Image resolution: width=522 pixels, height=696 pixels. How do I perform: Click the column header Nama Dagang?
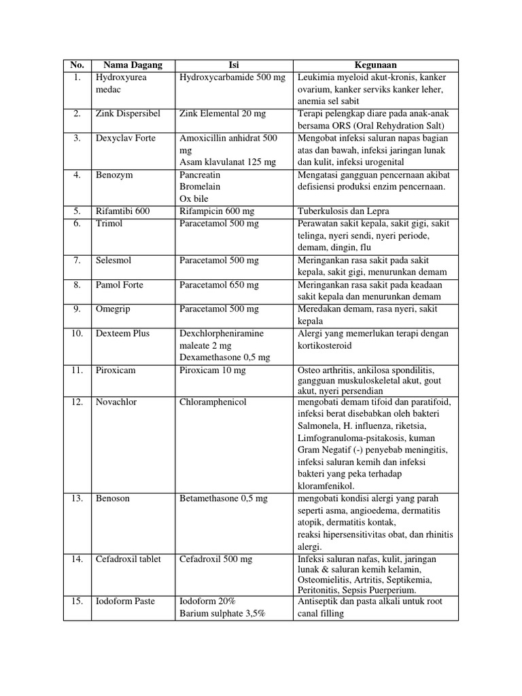tap(133, 65)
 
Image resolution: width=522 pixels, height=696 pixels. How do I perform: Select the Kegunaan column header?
tap(375, 65)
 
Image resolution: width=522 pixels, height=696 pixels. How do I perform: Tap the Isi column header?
tap(234, 65)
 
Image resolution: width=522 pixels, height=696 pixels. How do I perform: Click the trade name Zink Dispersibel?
tap(128, 114)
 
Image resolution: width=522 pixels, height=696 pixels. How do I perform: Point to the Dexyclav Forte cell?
tap(126, 139)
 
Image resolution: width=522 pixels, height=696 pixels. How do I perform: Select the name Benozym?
tap(115, 175)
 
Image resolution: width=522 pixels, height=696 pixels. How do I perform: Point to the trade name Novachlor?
tap(117, 402)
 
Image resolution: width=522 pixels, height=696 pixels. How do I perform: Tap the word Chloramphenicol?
tap(213, 402)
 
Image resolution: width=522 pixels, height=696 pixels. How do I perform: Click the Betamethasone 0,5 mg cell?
tap(224, 499)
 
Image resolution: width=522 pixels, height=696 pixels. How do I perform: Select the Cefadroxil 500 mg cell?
tap(215, 559)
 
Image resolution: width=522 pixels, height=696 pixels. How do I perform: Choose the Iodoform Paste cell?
tap(126, 602)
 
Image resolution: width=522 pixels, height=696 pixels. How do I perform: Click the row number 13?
tap(77, 499)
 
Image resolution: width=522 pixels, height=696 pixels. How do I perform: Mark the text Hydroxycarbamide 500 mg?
tap(232, 77)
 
